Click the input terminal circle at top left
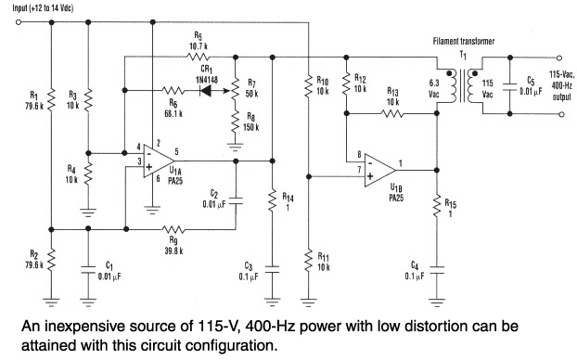click(x=19, y=22)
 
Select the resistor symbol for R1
click(x=51, y=99)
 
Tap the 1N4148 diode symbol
click(x=206, y=90)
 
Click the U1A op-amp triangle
click(x=159, y=161)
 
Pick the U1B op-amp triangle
click(x=379, y=170)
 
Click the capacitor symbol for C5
click(x=510, y=86)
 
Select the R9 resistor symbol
click(x=173, y=230)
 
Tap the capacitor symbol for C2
click(x=236, y=200)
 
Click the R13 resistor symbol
click(x=392, y=113)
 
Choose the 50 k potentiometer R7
click(x=235, y=90)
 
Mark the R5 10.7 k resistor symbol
click(x=199, y=57)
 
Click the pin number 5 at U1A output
click(x=176, y=151)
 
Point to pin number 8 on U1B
click(x=359, y=154)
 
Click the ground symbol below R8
click(x=235, y=147)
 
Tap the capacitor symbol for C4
click(x=436, y=271)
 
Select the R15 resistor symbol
click(x=436, y=206)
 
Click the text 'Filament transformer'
click(x=463, y=41)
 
